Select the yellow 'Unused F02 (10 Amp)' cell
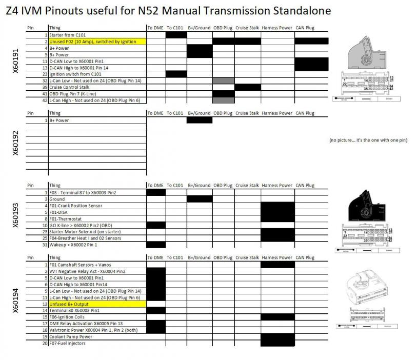(x=97, y=41)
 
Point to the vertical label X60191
(x=15, y=64)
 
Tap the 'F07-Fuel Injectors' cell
(x=68, y=344)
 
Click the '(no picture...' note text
(x=368, y=140)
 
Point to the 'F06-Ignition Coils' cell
(x=69, y=317)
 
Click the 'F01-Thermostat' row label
(x=65, y=219)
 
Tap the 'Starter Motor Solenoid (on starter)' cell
(x=85, y=232)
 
